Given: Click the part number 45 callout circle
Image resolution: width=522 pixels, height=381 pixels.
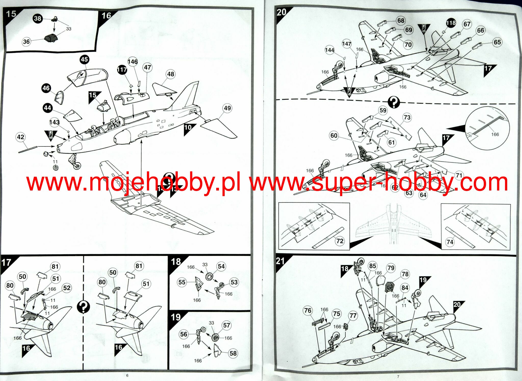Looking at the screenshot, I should click(x=84, y=60).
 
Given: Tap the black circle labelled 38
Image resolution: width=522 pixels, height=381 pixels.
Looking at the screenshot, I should click(x=37, y=18).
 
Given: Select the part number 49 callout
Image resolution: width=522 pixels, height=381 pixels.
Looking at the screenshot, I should click(x=227, y=108).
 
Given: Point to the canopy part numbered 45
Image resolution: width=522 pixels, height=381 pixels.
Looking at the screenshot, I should click(x=87, y=77).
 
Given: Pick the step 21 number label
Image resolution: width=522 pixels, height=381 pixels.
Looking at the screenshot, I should click(x=280, y=261).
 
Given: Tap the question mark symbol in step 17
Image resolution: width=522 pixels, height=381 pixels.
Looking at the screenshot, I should click(x=83, y=307).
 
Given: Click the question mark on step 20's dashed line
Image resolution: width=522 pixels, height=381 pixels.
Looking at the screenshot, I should click(x=394, y=102).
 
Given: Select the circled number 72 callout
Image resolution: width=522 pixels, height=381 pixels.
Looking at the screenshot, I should click(x=340, y=241).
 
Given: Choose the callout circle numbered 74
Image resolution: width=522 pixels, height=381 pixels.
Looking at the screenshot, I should click(x=450, y=242).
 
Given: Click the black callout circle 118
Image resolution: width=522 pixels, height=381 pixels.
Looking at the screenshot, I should click(x=451, y=23).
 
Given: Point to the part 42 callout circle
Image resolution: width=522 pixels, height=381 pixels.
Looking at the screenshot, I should click(x=20, y=137).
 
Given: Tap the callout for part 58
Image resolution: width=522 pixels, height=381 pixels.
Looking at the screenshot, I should click(x=233, y=353).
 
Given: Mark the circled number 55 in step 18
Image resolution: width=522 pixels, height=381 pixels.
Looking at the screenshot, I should click(x=182, y=282).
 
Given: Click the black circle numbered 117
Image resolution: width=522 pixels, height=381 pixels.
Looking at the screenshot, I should click(x=122, y=70).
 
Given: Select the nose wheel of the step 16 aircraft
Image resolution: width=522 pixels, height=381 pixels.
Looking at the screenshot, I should click(x=77, y=166).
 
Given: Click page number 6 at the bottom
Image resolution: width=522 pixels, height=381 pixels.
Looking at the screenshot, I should click(x=127, y=375).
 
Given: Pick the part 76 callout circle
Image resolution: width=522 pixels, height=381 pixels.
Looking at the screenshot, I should click(x=308, y=310).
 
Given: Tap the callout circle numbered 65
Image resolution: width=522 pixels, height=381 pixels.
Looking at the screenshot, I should click(x=497, y=42).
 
